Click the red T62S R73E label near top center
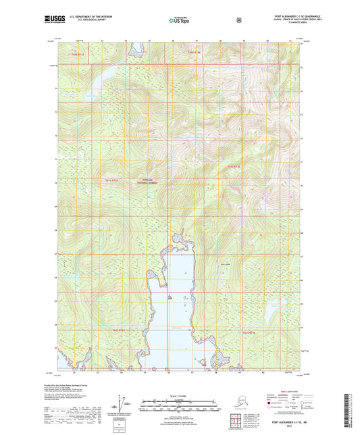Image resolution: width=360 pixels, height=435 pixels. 195,53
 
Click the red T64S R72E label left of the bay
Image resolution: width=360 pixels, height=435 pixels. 119,330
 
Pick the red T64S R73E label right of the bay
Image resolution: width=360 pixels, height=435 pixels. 249,333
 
